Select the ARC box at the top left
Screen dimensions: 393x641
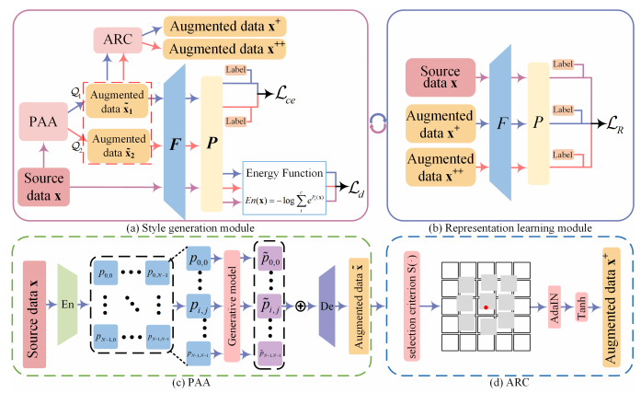(115, 41)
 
